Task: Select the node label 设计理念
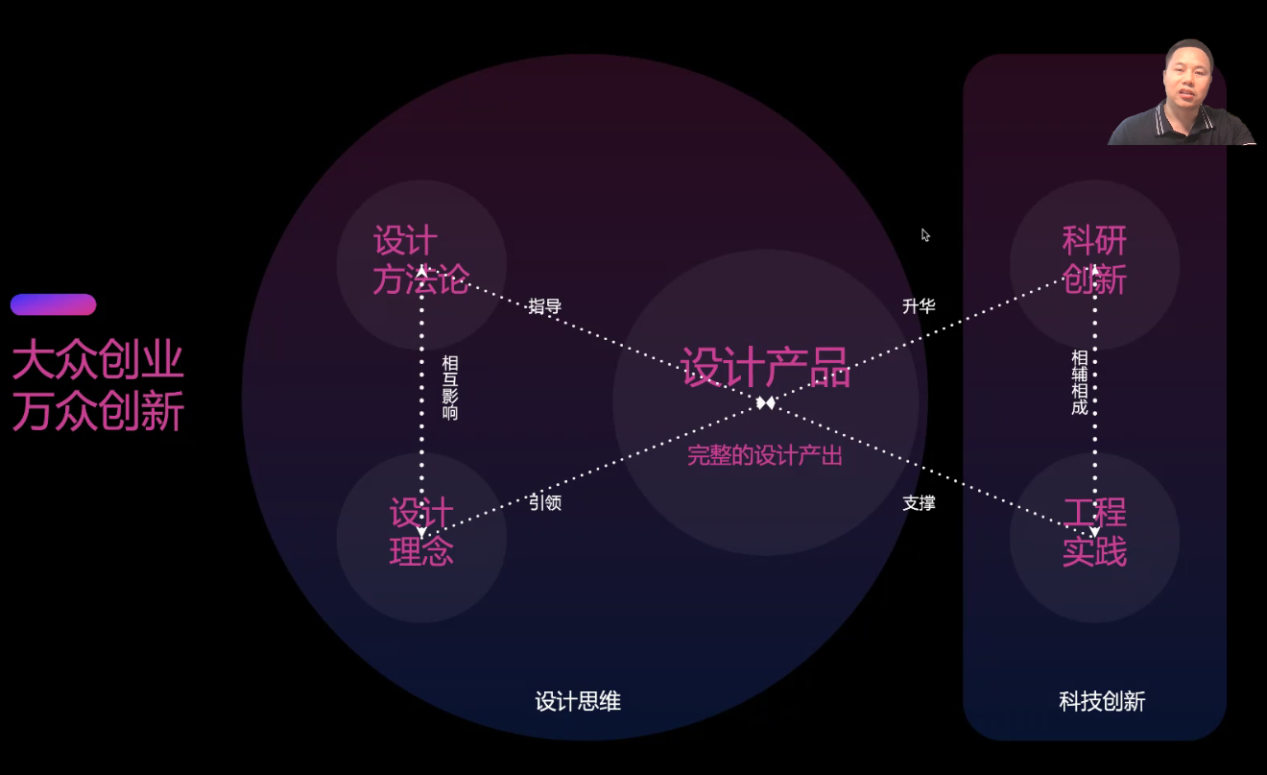(421, 532)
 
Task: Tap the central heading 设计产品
(766, 367)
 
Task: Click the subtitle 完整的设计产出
(765, 456)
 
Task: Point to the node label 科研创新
(1094, 260)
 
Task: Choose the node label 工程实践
(1094, 532)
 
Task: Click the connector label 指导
(545, 307)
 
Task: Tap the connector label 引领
(545, 502)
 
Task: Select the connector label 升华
(919, 306)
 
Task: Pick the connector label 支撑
(919, 502)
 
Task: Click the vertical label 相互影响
(449, 388)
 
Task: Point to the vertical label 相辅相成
(1079, 382)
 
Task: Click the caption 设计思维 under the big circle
(578, 702)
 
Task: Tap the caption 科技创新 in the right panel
(1102, 702)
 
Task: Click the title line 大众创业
(98, 363)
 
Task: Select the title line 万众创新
(98, 412)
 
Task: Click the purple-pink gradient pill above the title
(54, 304)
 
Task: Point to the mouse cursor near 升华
(925, 234)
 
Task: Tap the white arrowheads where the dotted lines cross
(765, 402)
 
